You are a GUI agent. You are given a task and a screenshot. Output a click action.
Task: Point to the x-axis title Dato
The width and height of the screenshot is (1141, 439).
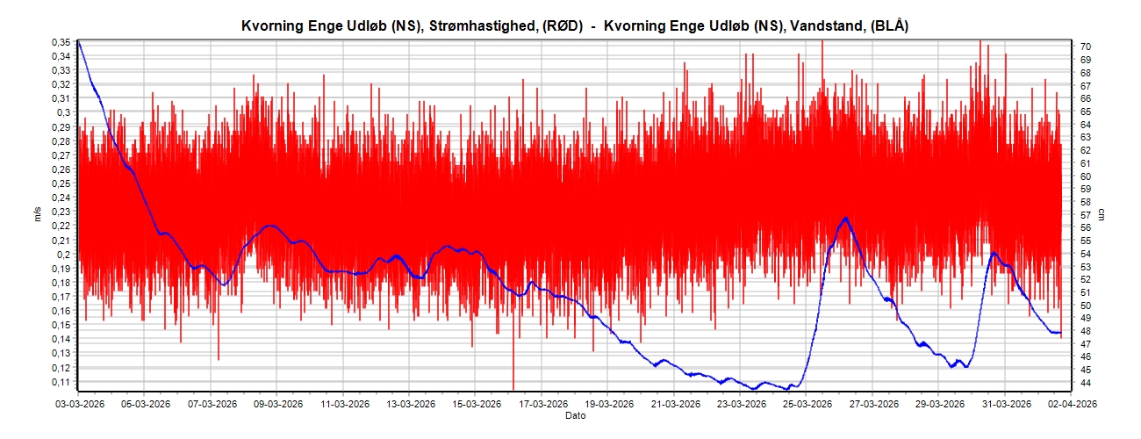575,414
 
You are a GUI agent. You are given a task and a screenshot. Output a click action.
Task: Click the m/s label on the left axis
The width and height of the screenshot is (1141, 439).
38,214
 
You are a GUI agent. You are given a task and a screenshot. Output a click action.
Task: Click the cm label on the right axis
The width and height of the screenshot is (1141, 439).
1103,214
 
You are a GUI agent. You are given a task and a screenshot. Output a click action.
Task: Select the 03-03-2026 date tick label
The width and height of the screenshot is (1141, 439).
81,405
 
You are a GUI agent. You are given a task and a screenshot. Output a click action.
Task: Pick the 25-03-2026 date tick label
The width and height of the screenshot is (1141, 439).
807,405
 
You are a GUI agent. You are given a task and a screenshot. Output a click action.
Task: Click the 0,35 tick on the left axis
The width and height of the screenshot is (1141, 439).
60,42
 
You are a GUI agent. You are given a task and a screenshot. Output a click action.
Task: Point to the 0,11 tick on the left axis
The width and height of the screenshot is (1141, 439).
60,382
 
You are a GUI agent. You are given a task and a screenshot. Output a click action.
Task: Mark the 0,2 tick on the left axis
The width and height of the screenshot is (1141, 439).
63,255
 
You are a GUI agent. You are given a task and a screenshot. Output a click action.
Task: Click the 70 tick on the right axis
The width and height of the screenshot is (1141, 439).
1085,47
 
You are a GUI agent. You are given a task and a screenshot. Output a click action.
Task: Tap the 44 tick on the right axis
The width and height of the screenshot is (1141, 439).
1085,383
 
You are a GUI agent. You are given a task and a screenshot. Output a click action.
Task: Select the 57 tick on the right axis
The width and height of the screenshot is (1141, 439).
1085,214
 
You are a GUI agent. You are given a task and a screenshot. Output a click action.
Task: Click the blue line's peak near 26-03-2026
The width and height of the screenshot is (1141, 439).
845,218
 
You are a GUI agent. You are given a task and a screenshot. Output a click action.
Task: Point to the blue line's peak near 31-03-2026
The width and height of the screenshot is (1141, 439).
993,253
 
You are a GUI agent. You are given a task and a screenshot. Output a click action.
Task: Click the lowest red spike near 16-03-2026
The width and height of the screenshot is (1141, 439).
513,387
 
